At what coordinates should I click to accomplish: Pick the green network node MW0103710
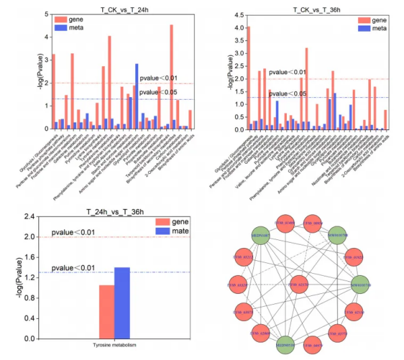pos(361,286)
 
